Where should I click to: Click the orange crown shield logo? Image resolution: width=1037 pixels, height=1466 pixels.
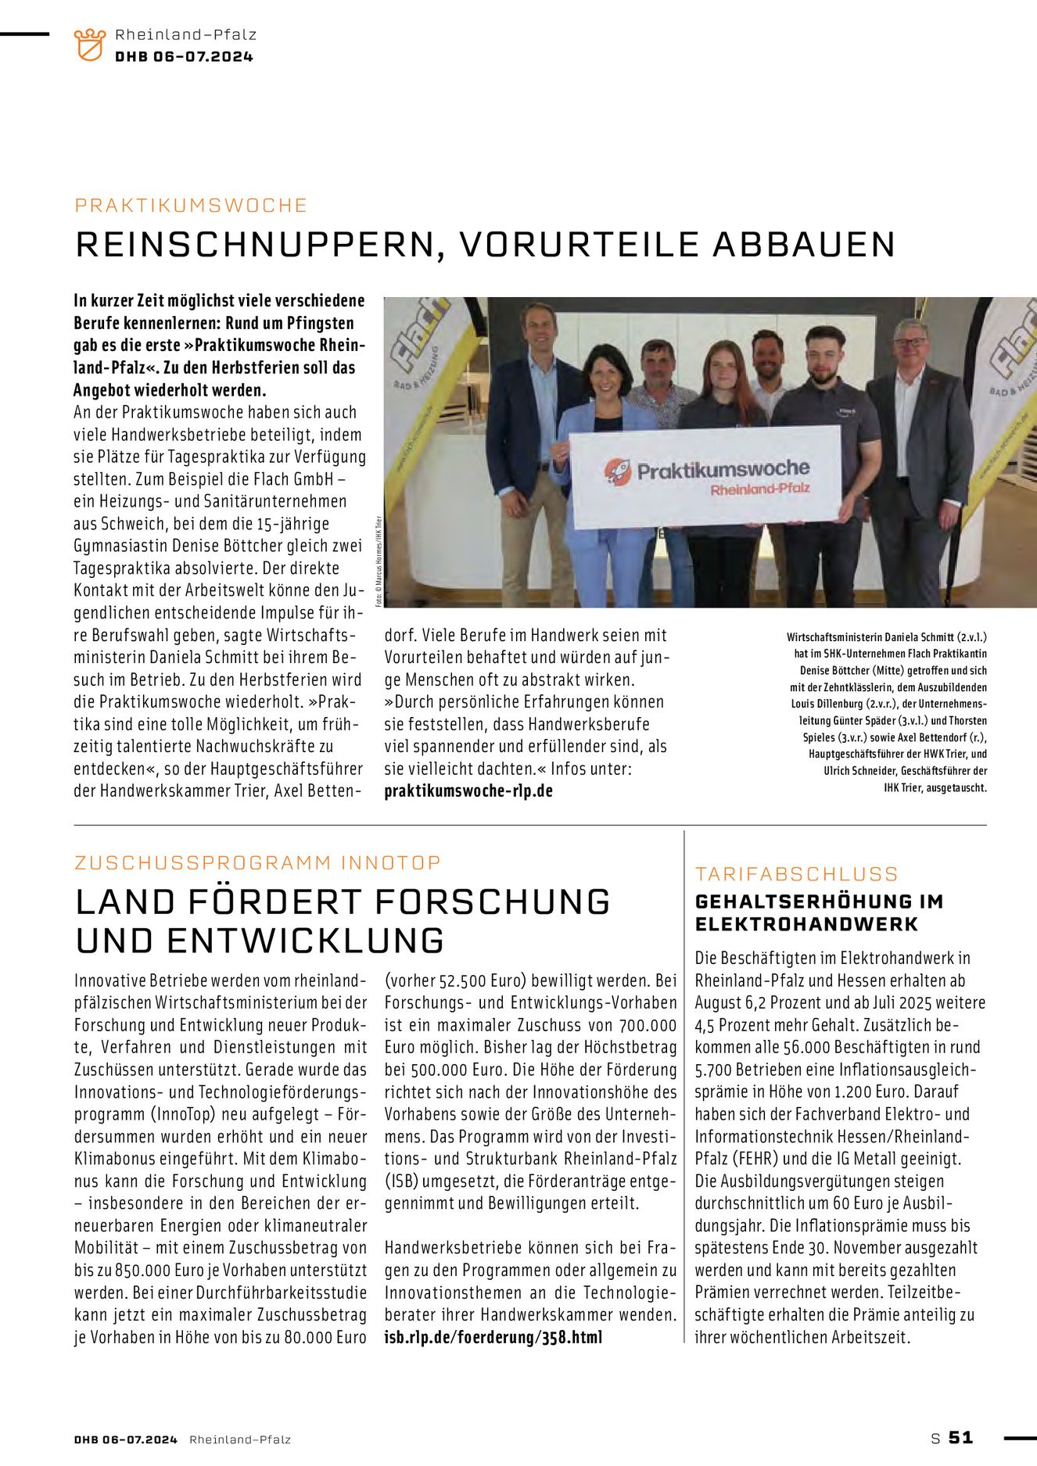(89, 45)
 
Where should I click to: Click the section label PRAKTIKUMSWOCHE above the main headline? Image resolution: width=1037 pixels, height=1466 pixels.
(191, 206)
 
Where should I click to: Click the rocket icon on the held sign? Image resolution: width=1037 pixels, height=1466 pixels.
(617, 472)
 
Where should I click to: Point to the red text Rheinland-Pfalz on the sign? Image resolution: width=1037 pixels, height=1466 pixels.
(759, 489)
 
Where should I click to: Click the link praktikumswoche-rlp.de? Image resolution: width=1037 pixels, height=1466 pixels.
(468, 790)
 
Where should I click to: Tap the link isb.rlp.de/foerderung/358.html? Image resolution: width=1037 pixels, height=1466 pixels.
(493, 1337)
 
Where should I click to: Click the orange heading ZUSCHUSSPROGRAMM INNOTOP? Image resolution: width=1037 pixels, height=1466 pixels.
(258, 862)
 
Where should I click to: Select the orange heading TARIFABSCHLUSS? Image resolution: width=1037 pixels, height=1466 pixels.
(797, 874)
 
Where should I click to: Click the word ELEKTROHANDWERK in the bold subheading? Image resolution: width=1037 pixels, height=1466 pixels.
(806, 924)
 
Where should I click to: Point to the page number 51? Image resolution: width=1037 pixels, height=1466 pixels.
(960, 1437)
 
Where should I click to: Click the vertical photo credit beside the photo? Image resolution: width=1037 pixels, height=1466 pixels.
(378, 561)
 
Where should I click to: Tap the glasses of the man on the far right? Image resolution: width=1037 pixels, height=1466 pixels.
(910, 342)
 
